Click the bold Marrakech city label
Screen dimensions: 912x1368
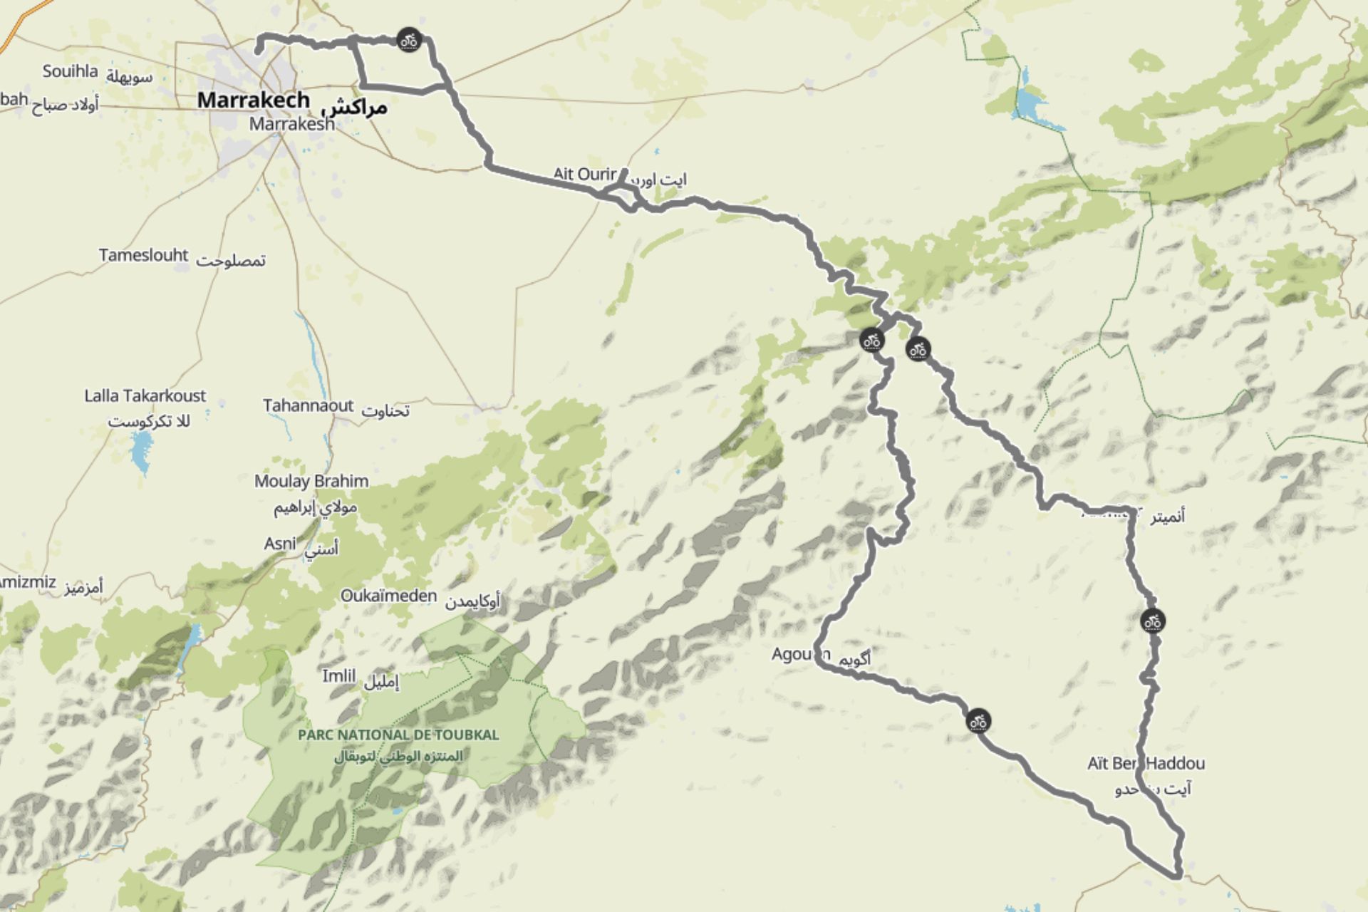[253, 100]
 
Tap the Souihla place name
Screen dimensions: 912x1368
[70, 71]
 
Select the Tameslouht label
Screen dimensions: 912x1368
[143, 255]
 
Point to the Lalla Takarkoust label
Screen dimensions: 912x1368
[145, 395]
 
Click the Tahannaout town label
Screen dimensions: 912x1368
[308, 405]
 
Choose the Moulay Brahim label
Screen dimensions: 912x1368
[311, 481]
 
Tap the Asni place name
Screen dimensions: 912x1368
[279, 544]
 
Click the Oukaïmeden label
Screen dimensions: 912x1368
[388, 596]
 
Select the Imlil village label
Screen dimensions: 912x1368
[338, 675]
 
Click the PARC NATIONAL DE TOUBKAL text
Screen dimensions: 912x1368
[398, 735]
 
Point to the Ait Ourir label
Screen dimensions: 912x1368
[584, 173]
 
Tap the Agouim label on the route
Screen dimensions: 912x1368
[801, 653]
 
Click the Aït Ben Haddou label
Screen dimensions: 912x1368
[1146, 764]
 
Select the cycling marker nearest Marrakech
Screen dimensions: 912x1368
[408, 40]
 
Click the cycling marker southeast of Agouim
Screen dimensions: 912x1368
[978, 721]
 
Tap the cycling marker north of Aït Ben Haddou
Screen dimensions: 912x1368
[1152, 621]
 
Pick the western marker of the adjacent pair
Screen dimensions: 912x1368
[871, 340]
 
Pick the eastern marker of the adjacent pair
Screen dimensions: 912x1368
[918, 349]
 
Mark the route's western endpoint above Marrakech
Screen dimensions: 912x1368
[258, 50]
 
